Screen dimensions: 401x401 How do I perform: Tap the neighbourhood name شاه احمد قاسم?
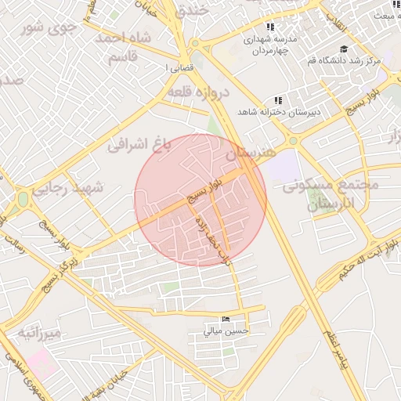point(122,47)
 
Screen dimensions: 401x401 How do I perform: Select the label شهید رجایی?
point(99,189)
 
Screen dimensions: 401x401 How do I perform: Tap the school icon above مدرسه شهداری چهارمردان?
point(271,27)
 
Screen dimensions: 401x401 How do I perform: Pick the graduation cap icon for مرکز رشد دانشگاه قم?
point(344,49)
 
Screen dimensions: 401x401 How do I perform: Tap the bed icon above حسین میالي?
point(226,319)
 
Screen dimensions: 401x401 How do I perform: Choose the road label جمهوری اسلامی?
point(19,367)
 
